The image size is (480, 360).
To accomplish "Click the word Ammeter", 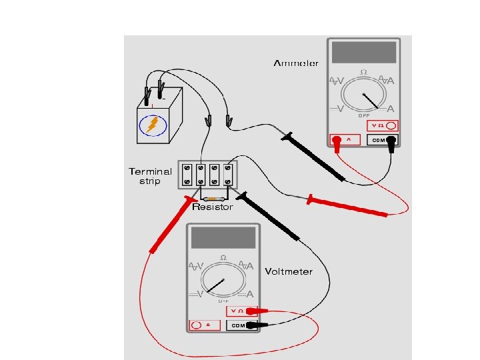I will [x=295, y=63].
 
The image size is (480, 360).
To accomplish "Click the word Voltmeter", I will [x=288, y=272].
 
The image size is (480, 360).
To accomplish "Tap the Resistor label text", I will [x=213, y=207].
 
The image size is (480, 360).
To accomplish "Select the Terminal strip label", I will [x=150, y=176].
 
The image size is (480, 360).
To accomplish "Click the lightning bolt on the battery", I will [x=153, y=124].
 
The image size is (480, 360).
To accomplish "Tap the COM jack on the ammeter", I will [x=391, y=140].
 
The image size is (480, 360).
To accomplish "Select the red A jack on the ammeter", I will [x=337, y=140].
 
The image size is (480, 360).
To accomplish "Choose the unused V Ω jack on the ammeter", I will [x=391, y=125].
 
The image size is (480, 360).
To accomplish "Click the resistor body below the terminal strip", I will [x=214, y=199].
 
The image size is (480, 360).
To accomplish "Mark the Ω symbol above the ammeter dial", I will [x=363, y=72].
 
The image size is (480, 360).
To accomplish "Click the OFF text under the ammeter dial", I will [x=364, y=116].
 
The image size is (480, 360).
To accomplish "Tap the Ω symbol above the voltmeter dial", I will [x=223, y=258].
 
